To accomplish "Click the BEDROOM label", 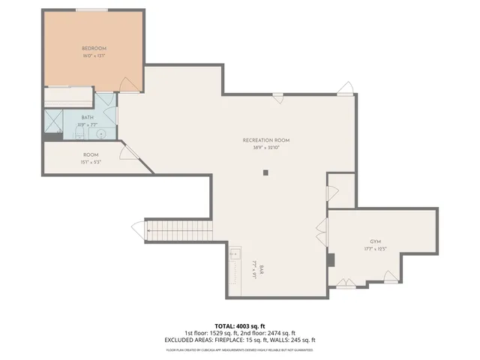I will coord(93,49).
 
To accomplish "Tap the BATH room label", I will coord(88,118).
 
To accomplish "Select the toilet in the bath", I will coord(79,133).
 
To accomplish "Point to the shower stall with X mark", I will coord(54,121).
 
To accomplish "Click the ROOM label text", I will coord(91,155).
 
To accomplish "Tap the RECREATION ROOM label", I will coord(265,140).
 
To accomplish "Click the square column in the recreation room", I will coord(265,172).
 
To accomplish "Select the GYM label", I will coord(376,242).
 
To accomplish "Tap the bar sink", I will coord(235,253).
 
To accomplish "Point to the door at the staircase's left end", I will coord(138,228).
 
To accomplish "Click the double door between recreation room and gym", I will coord(322,229).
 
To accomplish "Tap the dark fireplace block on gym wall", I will coord(330,260).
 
